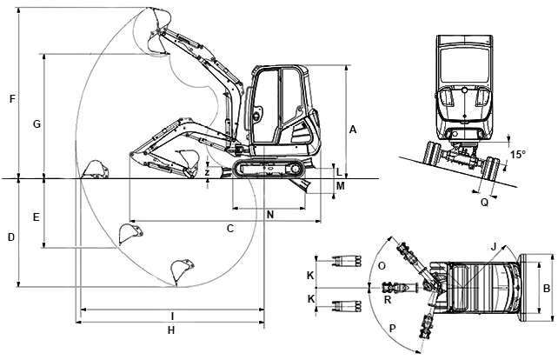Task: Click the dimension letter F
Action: coord(12,98)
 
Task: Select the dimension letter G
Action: coord(37,124)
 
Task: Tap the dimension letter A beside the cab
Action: coord(352,130)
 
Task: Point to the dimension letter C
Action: coord(230,228)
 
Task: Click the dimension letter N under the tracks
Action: coord(270,215)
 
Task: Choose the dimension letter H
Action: coord(171,330)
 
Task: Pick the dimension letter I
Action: coord(172,317)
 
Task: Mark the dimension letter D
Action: coord(11,237)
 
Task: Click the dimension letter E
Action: coord(36,217)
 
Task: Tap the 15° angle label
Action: coord(517,155)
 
